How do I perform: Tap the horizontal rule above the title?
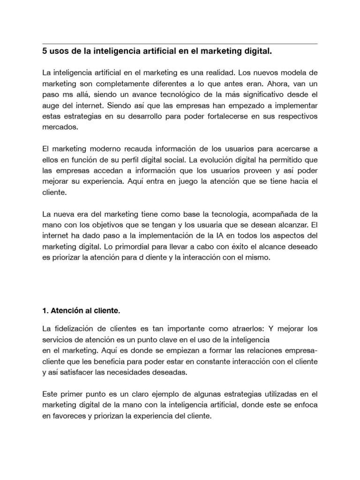click(x=180, y=44)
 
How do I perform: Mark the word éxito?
click(x=215, y=246)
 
